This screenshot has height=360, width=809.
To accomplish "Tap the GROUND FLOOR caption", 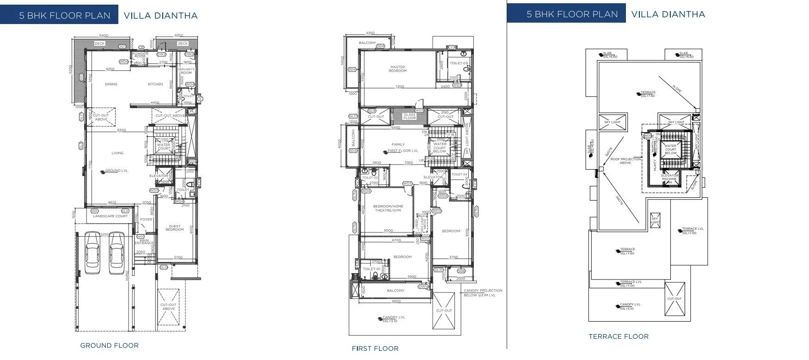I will pos(109,345).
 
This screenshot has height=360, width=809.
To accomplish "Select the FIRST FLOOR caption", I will pos(375,348).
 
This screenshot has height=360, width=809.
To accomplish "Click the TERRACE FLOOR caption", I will pos(618,336).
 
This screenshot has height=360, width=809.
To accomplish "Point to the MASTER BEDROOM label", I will pos(398,69).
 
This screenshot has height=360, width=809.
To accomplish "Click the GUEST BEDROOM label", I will pos(175,227).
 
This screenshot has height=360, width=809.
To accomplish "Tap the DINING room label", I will pos(111,84).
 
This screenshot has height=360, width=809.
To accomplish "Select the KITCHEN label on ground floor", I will pos(155,84).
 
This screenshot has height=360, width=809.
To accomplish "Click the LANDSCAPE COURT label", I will pos(110,216).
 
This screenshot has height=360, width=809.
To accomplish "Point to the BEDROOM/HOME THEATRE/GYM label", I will pos(388,208).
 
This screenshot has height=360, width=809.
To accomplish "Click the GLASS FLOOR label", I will pos(410,116).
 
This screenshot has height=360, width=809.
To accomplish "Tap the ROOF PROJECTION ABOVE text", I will pos(625,161).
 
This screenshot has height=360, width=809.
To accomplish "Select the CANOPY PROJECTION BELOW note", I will pos(483,293).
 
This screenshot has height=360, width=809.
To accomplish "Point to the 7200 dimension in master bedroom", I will pos(399,86).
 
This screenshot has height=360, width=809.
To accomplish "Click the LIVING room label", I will pos(117,153).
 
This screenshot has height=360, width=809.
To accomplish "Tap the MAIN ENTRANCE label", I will pos(144,241).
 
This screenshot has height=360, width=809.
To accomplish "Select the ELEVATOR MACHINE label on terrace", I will pos(669,179).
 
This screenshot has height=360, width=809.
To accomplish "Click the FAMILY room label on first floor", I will pos(398,144).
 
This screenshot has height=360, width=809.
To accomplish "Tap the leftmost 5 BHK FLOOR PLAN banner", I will pos(65,15).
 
